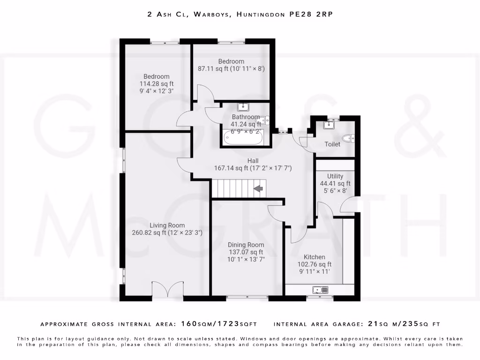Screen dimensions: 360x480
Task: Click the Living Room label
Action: click(x=167, y=225)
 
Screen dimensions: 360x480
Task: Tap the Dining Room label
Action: click(x=246, y=245)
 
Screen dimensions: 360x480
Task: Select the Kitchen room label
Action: click(x=314, y=257)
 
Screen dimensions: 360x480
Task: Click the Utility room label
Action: click(x=335, y=176)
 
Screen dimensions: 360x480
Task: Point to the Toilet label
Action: click(x=332, y=144)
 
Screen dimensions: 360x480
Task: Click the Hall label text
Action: click(x=253, y=161)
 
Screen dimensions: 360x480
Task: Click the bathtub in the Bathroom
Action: click(x=243, y=137)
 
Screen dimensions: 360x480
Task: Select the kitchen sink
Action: click(x=321, y=290)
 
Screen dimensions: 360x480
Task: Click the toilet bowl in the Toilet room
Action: click(x=348, y=138)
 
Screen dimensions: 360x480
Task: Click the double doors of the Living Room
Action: click(x=167, y=289)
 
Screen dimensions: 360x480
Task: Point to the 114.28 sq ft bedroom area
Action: click(x=157, y=84)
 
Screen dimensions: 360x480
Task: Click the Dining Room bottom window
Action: click(x=247, y=297)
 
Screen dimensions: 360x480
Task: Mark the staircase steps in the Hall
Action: click(x=234, y=189)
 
